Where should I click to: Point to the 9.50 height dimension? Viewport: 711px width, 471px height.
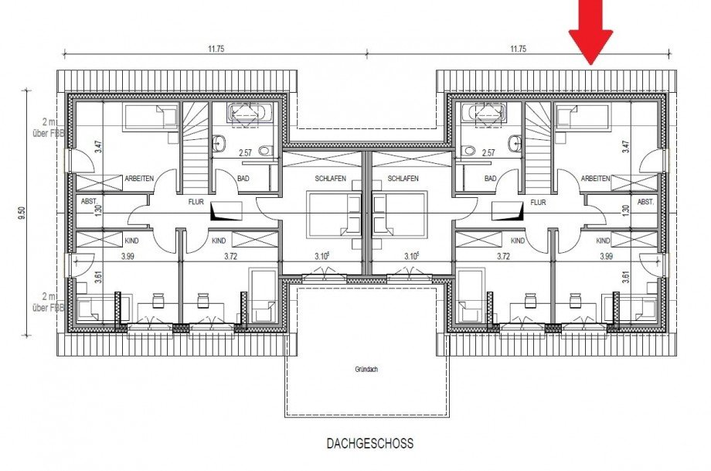click(20, 212)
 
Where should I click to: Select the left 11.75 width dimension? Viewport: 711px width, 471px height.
click(216, 49)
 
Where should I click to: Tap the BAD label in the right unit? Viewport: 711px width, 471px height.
click(490, 179)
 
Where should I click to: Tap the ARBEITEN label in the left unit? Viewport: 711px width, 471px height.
click(139, 179)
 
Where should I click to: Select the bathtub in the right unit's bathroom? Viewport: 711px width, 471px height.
click(485, 114)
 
